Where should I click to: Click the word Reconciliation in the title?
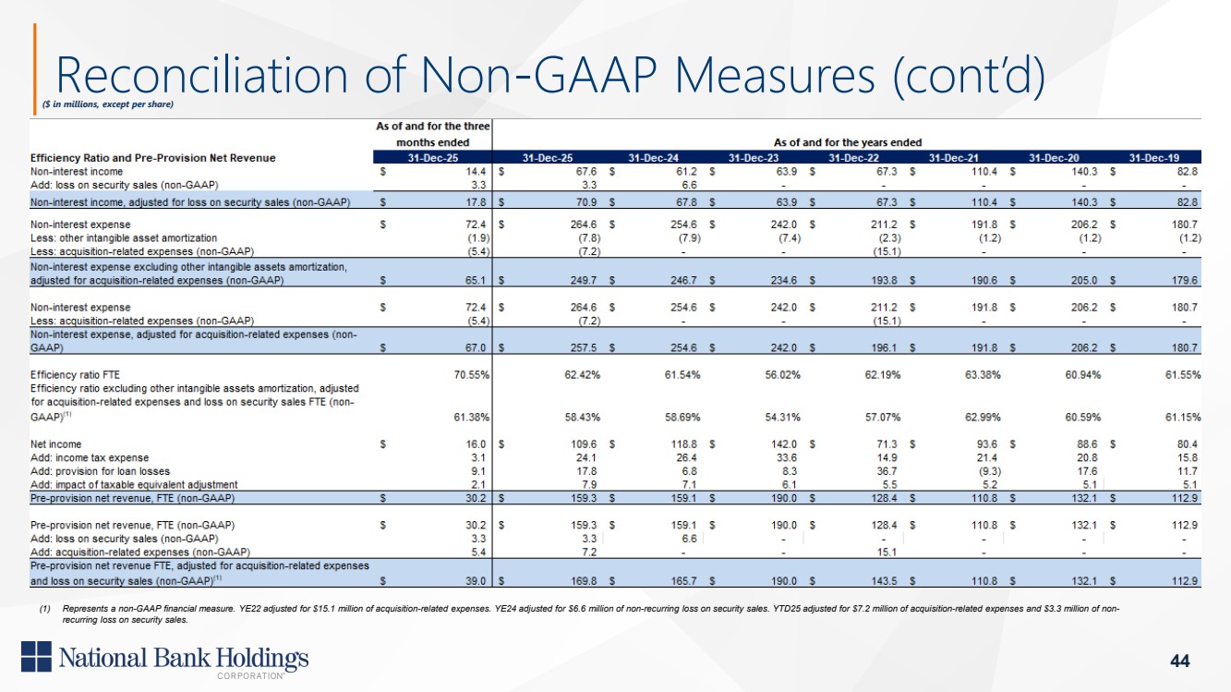point(202,76)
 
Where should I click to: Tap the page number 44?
point(1180,660)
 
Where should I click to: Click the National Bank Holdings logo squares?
point(36,656)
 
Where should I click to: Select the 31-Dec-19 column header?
point(1154,158)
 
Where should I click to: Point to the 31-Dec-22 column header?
point(853,158)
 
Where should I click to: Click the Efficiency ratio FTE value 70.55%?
point(472,375)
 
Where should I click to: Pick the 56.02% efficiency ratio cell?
point(782,375)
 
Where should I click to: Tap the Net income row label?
point(55,444)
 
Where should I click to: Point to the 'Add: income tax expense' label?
point(89,458)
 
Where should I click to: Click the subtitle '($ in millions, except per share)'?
point(108,103)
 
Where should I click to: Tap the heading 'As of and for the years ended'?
point(848,142)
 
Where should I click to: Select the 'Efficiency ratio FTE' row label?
point(75,375)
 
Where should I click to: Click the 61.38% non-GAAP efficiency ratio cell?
point(472,418)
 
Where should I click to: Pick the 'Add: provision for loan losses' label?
point(100,471)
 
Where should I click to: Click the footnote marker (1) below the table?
point(44,609)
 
